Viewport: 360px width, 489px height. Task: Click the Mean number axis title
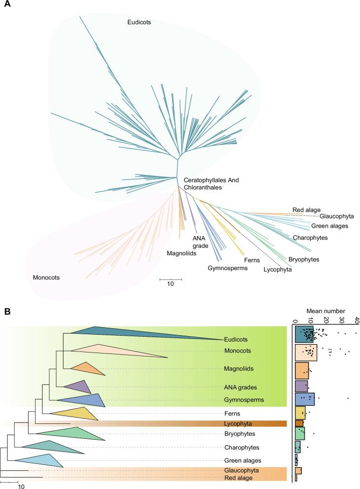pos(325,311)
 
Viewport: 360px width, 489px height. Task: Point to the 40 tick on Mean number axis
pos(357,320)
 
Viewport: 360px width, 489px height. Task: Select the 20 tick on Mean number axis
pos(325,320)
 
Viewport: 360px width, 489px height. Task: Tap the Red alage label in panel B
pos(236,478)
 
